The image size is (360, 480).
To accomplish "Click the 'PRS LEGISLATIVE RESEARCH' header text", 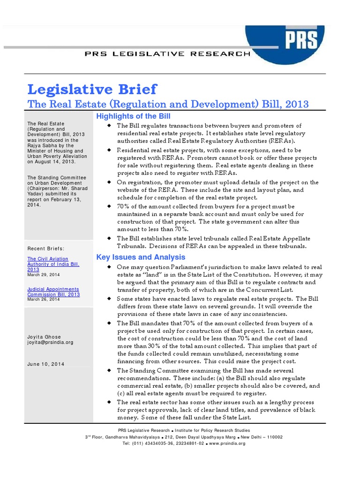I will (167, 54).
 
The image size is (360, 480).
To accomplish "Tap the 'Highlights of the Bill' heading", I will (133, 116).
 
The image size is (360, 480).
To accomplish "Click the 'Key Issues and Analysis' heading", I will (141, 257).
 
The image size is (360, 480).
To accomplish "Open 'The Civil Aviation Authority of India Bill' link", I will (53, 264).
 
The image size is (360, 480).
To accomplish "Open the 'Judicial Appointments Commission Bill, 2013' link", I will (53, 292).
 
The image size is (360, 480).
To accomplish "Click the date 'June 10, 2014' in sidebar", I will (46, 364).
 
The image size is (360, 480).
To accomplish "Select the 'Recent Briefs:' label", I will (46, 248).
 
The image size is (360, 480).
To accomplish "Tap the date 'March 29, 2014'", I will (44, 275).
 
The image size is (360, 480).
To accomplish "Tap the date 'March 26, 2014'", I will (44, 299).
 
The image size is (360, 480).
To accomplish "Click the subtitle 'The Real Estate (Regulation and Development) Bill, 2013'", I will (168, 104).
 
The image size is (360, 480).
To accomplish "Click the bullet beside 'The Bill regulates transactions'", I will (109, 126).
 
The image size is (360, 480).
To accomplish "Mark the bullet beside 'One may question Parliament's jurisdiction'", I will (109, 267).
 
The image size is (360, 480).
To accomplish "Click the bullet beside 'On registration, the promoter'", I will (109, 182).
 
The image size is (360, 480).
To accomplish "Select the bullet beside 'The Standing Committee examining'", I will (109, 370).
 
